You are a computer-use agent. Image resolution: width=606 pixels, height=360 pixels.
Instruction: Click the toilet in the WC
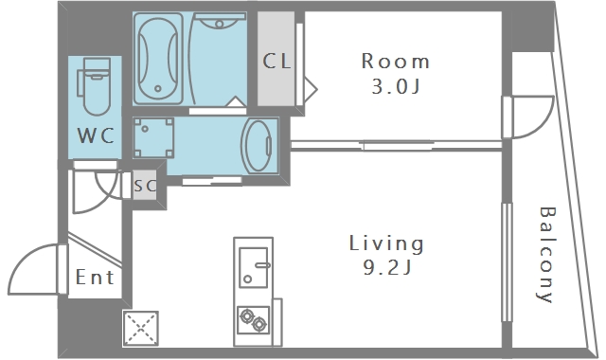click(96, 86)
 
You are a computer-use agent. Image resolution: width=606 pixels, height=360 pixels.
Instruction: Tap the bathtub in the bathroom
click(158, 58)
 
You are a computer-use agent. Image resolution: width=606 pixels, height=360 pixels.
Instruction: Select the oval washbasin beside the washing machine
click(257, 145)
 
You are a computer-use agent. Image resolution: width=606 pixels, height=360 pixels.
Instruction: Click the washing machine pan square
click(153, 137)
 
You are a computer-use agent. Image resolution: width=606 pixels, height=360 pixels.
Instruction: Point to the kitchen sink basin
click(254, 267)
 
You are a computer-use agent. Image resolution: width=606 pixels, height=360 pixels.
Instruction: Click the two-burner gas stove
click(253, 320)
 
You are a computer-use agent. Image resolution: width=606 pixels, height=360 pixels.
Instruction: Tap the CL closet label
click(276, 61)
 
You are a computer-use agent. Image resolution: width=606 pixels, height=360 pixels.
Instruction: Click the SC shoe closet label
click(145, 186)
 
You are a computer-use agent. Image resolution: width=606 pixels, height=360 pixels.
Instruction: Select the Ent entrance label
click(95, 278)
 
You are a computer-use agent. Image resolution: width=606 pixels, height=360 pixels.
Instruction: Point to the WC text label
click(96, 135)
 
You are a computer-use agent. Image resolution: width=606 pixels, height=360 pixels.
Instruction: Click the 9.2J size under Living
click(387, 267)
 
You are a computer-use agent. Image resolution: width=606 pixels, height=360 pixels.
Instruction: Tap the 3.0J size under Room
click(396, 86)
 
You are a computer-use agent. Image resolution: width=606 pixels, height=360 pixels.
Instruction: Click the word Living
click(386, 243)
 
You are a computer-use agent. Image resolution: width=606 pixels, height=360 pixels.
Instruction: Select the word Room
click(396, 62)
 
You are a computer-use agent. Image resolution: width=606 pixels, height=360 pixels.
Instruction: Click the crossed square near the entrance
click(141, 328)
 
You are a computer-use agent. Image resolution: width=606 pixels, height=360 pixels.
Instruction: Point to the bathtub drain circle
click(158, 88)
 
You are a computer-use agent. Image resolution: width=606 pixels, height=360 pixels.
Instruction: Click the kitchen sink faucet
click(262, 265)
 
